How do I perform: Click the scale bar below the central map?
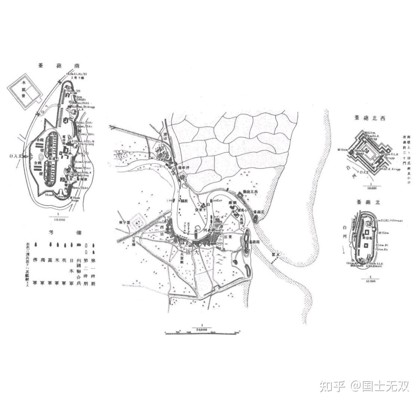coord(202,332)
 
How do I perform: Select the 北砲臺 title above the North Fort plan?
coord(368,202)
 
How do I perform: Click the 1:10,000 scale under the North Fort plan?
coord(370,279)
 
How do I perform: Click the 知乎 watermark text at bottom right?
coord(332,386)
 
